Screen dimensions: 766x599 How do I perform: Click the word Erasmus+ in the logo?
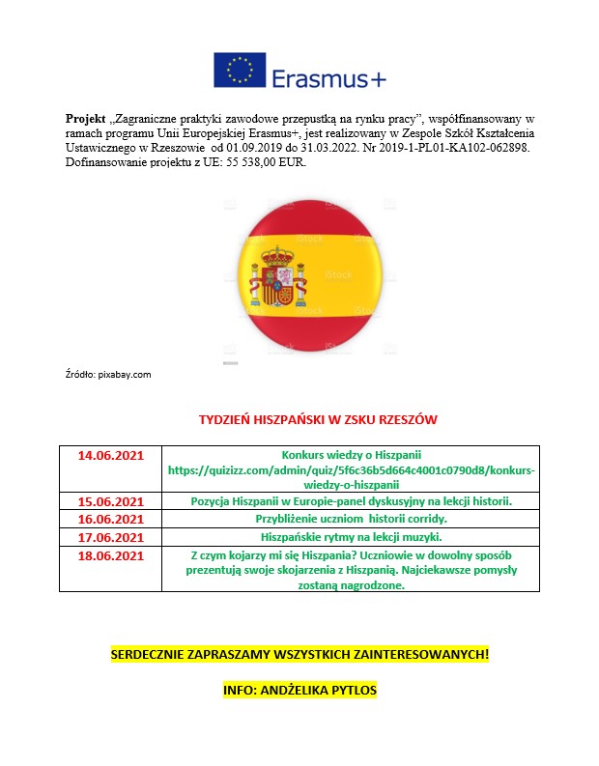[328, 75]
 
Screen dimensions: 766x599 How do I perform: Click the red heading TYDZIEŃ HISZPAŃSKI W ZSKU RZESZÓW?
[318, 420]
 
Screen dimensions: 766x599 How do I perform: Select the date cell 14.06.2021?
[110, 454]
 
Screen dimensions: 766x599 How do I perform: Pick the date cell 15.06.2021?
[110, 501]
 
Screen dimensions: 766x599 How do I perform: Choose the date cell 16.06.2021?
[110, 519]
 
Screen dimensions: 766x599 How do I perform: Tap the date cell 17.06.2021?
[110, 536]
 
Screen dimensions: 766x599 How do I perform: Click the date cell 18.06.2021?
[110, 554]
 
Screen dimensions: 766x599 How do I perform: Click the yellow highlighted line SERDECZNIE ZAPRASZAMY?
[299, 655]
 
